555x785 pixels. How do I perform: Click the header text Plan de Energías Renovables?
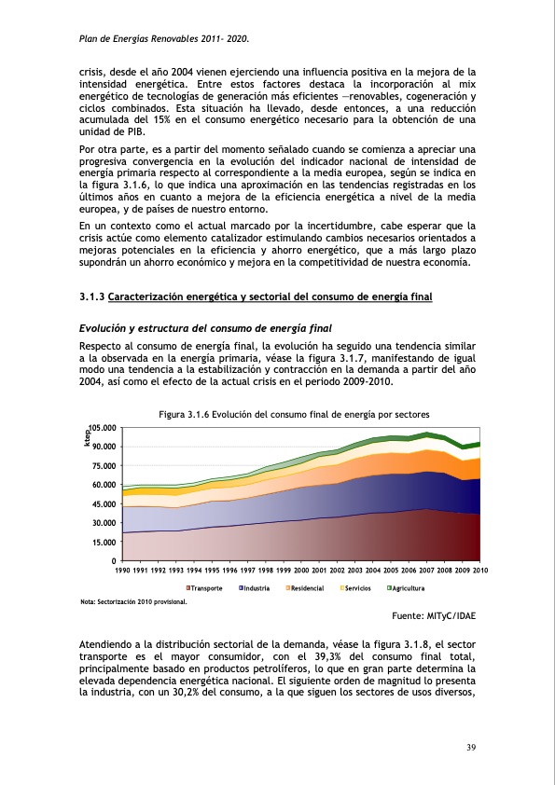[164, 38]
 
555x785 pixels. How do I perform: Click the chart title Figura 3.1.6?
[295, 414]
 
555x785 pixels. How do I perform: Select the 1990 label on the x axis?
[122, 570]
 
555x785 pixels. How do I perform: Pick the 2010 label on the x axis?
[480, 570]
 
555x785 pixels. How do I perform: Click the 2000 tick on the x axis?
[301, 570]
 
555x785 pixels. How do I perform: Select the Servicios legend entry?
[358, 589]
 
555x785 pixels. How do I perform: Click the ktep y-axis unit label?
[87, 435]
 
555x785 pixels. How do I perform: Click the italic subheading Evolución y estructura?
[200, 328]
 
